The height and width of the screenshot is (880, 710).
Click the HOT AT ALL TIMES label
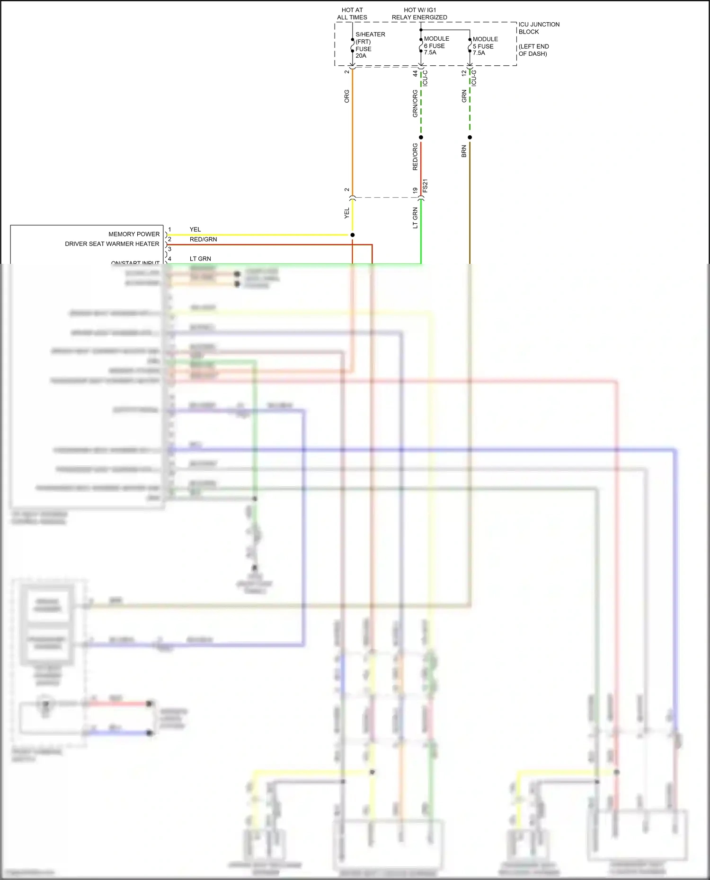click(352, 14)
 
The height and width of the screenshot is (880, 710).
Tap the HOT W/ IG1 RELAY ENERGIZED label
click(419, 14)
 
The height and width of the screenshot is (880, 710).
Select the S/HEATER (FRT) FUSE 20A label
click(370, 45)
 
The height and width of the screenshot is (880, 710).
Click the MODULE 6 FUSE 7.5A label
click(436, 45)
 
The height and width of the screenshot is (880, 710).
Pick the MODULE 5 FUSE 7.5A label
click(485, 46)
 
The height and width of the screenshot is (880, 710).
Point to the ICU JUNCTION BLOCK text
click(538, 28)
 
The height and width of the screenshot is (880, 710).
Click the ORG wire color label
click(347, 96)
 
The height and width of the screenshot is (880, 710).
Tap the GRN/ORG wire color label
click(415, 104)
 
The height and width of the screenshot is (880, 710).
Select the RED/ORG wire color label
click(415, 157)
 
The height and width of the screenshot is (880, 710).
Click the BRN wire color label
click(464, 151)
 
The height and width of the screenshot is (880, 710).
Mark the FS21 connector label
click(425, 185)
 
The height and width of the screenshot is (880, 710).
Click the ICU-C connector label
click(425, 78)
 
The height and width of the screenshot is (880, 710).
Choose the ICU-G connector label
click(474, 78)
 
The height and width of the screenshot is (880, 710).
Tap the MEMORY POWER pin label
click(134, 234)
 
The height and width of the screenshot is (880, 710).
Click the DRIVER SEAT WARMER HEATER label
click(112, 244)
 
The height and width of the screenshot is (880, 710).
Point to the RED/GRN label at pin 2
click(203, 240)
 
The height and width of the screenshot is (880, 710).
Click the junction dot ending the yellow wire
click(352, 235)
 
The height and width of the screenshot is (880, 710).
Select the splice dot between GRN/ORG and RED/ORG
click(421, 138)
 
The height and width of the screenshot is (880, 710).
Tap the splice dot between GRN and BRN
click(470, 138)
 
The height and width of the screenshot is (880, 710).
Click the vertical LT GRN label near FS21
click(415, 218)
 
